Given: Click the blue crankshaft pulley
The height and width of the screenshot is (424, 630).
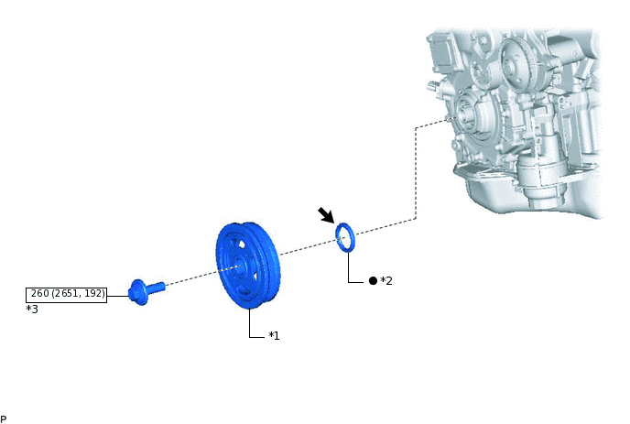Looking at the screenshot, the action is point(247,266).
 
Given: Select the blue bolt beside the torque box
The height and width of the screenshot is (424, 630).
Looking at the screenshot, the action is point(146,292).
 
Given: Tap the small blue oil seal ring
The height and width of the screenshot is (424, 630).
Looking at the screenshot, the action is point(344,237).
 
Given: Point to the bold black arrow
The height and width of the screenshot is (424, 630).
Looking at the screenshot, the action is point(326,215).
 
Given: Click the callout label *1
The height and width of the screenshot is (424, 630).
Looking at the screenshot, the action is point(274,335).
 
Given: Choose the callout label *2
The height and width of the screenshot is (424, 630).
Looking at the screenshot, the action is point(386,280).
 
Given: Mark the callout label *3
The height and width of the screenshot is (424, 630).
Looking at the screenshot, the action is point(32,309).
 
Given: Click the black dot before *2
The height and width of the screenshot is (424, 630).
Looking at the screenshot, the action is point(373,280).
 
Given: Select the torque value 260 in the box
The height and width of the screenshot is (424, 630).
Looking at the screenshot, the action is point(40,293).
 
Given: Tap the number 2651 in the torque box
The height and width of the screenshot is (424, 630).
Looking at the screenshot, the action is point(66,293).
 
